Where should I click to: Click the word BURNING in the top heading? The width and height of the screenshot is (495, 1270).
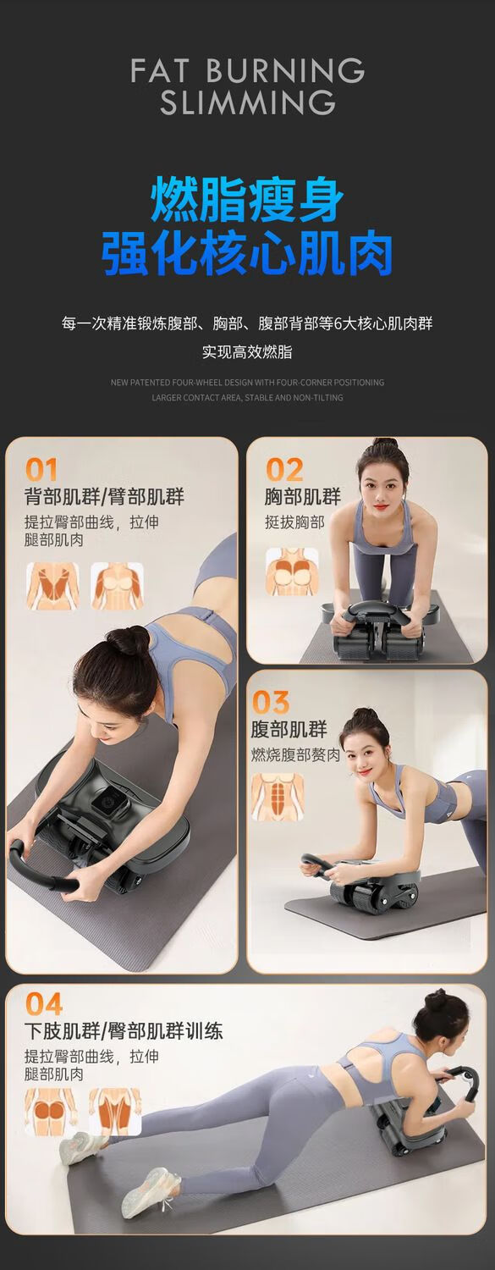tap(285, 71)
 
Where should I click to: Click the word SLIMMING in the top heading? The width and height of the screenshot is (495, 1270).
tap(247, 102)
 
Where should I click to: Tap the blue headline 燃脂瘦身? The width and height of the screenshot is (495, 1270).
tap(247, 200)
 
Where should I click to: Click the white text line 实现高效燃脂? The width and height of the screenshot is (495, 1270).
tap(247, 352)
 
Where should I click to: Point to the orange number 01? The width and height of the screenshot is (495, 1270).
tap(41, 469)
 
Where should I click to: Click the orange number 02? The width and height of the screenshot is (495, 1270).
tap(283, 469)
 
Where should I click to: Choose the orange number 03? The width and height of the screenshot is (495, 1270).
tap(270, 702)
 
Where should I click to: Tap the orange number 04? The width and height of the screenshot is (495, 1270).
tap(43, 1004)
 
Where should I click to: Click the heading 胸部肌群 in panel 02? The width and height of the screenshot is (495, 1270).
tap(303, 497)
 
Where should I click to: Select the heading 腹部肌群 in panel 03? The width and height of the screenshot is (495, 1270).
tap(289, 729)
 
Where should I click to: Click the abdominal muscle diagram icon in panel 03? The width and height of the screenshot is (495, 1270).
tap(278, 798)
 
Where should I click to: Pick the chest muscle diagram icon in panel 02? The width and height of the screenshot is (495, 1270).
tap(292, 571)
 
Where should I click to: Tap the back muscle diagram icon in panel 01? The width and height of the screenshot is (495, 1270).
tap(52, 586)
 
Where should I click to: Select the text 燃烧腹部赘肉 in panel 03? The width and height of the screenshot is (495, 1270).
tap(295, 754)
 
